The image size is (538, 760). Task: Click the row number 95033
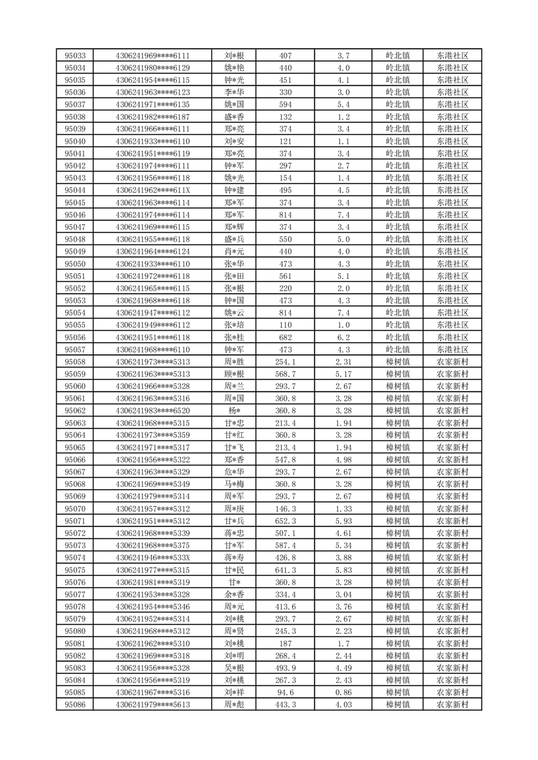point(75,56)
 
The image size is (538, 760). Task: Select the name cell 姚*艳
point(234,68)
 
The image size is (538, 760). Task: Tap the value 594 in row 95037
point(285,104)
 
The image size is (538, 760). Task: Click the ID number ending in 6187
point(152,117)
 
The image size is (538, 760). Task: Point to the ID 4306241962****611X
point(152,190)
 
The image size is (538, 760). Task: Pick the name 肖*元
point(234,251)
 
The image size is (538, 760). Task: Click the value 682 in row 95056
point(285,337)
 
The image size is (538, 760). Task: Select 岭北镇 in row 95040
point(397,141)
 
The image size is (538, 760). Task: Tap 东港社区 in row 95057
point(452,350)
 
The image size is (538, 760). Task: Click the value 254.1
point(285,362)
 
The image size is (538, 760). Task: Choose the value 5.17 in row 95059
point(343,374)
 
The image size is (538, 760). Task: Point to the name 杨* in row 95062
point(234,410)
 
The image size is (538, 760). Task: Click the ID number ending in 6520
point(152,410)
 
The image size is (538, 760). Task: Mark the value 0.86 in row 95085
point(343,692)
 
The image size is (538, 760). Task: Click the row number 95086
point(75,704)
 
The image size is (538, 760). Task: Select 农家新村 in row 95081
point(452,643)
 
